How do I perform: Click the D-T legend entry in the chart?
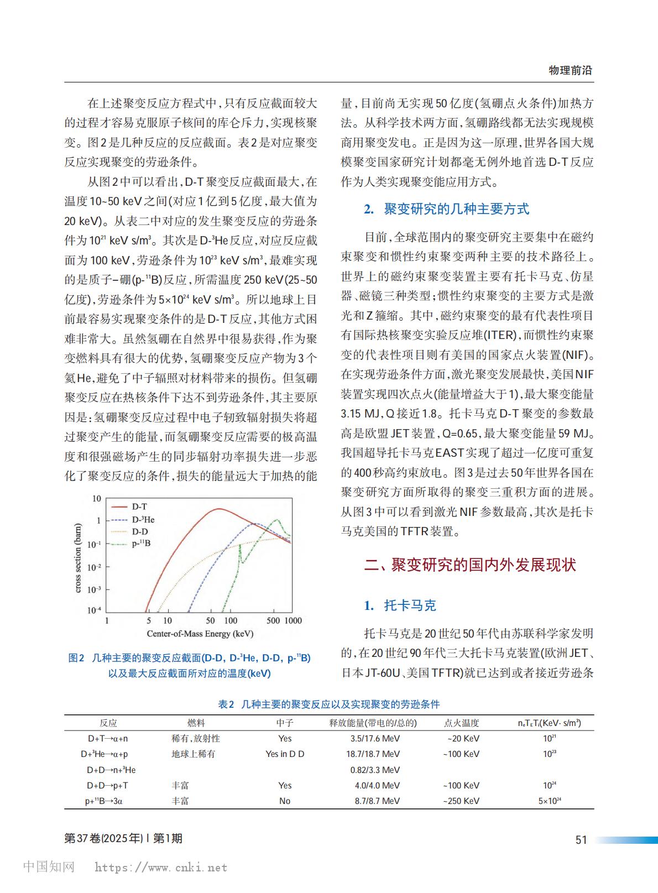[139, 506]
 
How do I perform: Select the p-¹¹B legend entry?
[141, 544]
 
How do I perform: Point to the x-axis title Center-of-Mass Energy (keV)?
[200, 634]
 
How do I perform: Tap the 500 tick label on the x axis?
[273, 620]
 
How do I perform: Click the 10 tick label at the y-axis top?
[97, 499]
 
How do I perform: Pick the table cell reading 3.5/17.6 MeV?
[375, 738]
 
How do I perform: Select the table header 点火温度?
[461, 723]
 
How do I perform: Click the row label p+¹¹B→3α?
[104, 801]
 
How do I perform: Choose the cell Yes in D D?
[285, 754]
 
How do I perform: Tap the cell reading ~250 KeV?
[461, 801]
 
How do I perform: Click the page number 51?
[581, 839]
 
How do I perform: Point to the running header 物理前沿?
[570, 70]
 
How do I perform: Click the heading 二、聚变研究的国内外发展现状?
[470, 565]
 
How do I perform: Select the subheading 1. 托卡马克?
[400, 605]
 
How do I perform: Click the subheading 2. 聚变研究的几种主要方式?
[446, 209]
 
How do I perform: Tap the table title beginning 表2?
[329, 704]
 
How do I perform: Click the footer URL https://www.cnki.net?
[161, 868]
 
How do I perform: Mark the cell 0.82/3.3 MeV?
[375, 770]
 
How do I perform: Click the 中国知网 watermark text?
[49, 866]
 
